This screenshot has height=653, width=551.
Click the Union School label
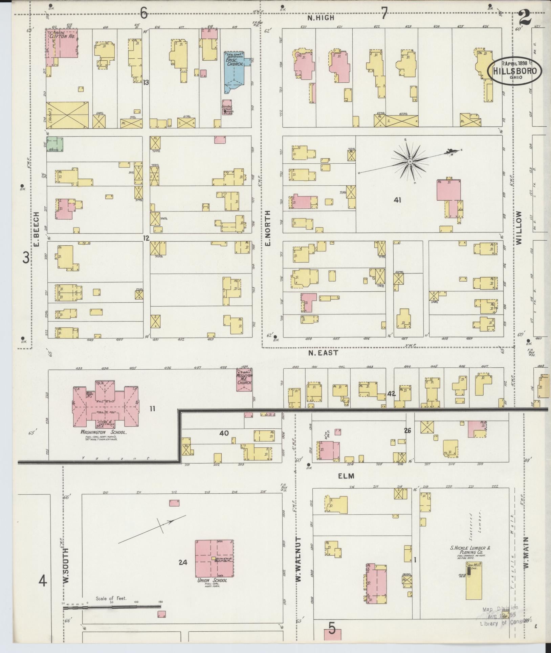pyautogui.click(x=212, y=580)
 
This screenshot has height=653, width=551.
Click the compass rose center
pyautogui.click(x=410, y=162)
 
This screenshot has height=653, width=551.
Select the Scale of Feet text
pyautogui.click(x=111, y=598)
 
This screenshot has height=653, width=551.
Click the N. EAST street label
pyautogui.click(x=323, y=353)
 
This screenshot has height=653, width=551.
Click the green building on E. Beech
pyautogui.click(x=54, y=144)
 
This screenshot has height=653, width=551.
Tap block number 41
pyautogui.click(x=397, y=200)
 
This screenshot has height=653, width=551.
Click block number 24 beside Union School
pyautogui.click(x=183, y=563)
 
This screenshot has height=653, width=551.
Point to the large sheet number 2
pyautogui.click(x=525, y=17)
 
